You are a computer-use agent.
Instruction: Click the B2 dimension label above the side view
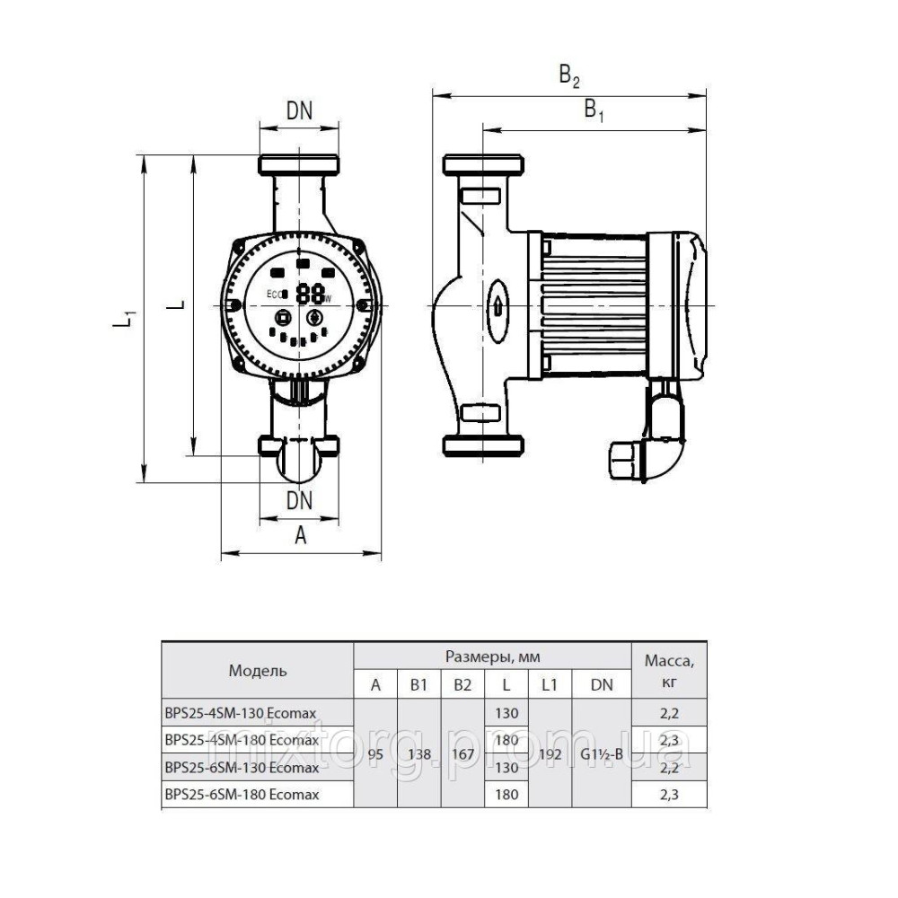coord(569,75)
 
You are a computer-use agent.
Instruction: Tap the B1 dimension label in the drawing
coord(594,110)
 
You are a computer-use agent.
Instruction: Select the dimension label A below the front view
coord(301,535)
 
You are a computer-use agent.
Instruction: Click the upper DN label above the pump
coord(300,111)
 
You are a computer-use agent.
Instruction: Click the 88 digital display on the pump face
coord(310,294)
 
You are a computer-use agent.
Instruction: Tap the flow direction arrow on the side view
coord(497,306)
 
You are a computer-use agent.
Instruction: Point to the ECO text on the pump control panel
coord(274,294)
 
